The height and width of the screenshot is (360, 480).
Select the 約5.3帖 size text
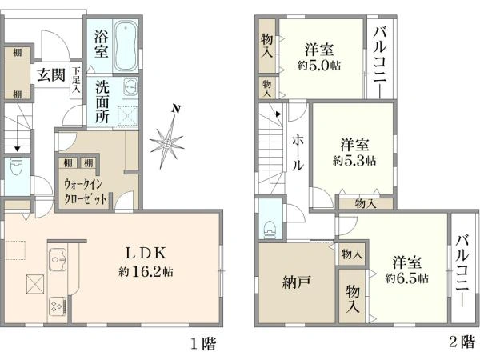pyautogui.click(x=354, y=160)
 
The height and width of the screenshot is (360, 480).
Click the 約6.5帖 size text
pyautogui.click(x=406, y=278)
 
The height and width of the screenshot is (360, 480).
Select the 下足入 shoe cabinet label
pyautogui.click(x=76, y=81)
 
